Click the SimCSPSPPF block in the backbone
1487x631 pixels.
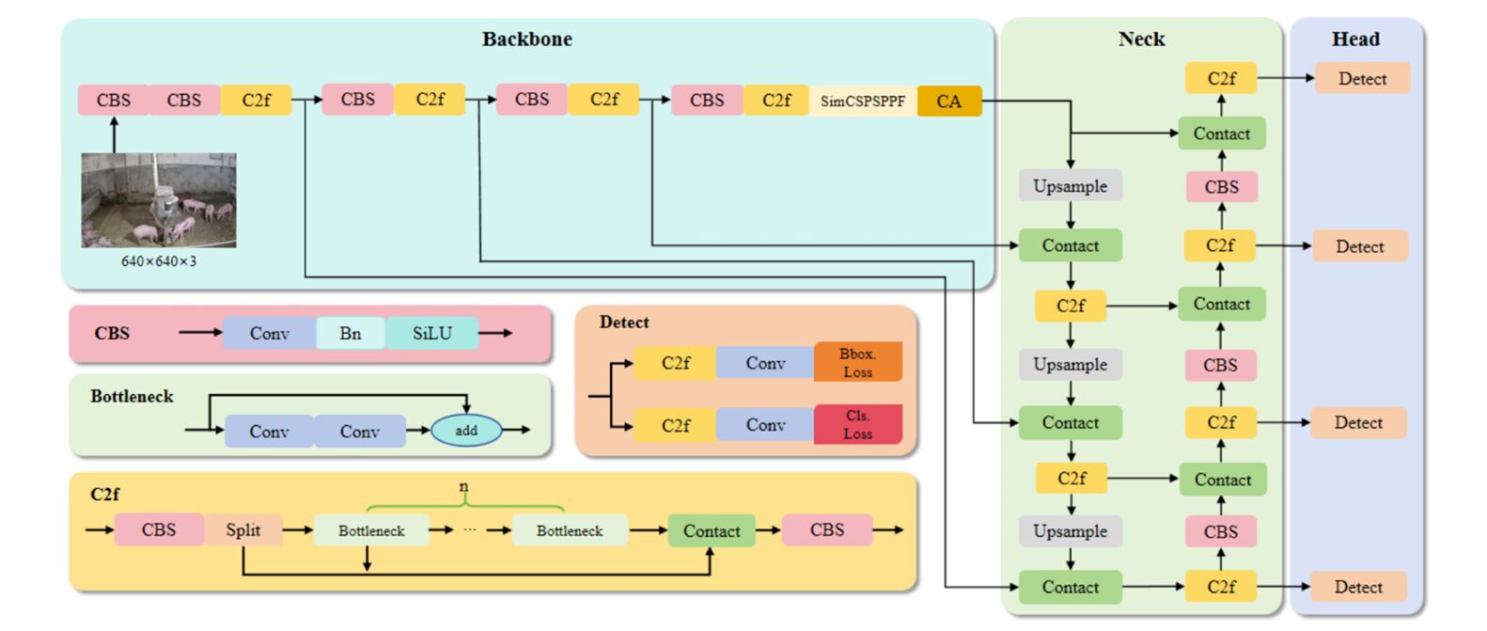click(862, 101)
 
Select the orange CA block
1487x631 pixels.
click(949, 101)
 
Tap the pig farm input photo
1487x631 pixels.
click(158, 200)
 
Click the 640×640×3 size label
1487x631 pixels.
click(158, 261)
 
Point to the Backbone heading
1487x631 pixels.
click(526, 39)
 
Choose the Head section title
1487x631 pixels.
click(1355, 39)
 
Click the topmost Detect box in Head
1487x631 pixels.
click(1362, 79)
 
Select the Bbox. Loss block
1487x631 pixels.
click(857, 362)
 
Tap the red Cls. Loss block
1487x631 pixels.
click(857, 424)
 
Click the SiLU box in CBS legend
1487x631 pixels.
click(431, 333)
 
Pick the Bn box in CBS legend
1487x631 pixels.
click(350, 333)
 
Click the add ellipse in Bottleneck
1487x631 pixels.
click(466, 431)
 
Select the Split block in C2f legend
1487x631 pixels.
click(243, 529)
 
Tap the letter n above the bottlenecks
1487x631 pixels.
click(463, 486)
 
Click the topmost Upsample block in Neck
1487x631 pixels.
click(1070, 186)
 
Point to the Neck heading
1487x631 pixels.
click(1141, 39)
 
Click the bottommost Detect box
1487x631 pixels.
click(1358, 587)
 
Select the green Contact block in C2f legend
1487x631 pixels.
click(711, 530)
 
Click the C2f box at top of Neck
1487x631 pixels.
click(1221, 79)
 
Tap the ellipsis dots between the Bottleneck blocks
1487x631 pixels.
click(470, 530)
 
